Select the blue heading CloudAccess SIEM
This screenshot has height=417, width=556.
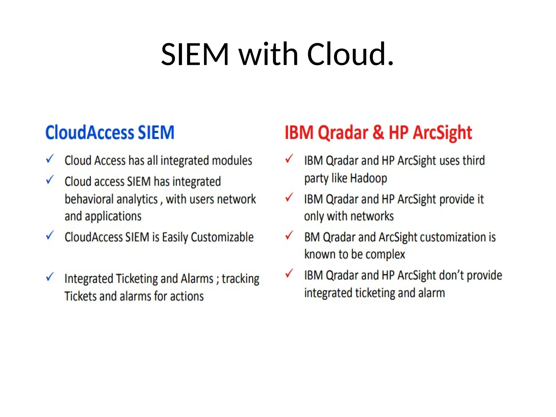coord(110,132)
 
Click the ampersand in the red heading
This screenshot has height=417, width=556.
coord(378,132)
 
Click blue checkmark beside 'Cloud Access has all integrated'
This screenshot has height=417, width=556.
coord(50,159)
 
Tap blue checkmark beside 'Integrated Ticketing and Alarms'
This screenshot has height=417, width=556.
coord(50,277)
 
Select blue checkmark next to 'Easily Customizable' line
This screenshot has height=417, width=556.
coord(50,235)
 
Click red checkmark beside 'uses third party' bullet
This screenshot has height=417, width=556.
coord(289,159)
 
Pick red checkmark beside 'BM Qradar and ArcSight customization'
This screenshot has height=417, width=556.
coord(289,235)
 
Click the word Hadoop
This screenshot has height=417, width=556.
coord(368,178)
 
